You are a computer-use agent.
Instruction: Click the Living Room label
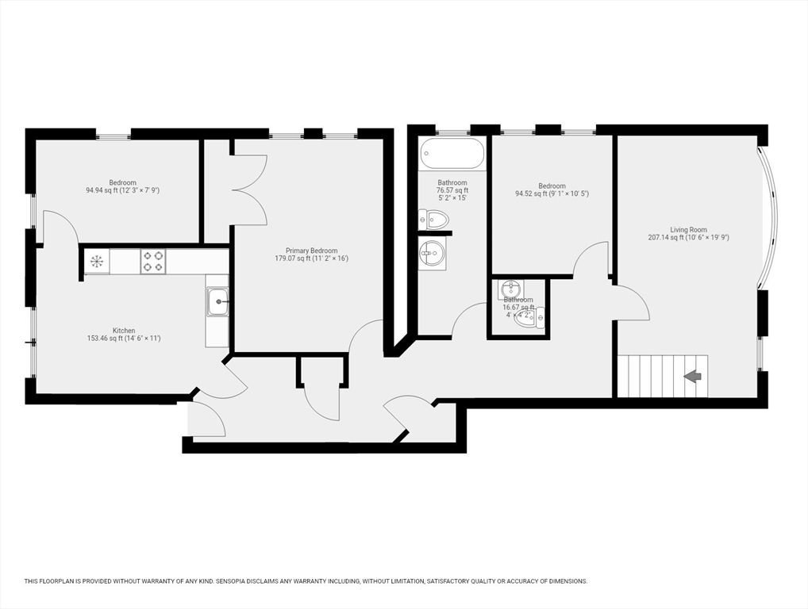[x=688, y=230]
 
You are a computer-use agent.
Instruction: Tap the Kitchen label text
[x=124, y=331]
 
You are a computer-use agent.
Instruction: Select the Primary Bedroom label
[x=312, y=251]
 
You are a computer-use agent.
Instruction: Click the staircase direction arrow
[x=693, y=377]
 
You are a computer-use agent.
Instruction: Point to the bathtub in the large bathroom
[x=452, y=153]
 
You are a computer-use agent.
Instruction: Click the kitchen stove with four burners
[x=153, y=261]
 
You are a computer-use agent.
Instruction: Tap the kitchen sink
[x=217, y=301]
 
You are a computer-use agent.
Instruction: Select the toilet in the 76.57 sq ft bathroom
[x=433, y=220]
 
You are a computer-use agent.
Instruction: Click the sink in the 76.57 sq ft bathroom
[x=432, y=253]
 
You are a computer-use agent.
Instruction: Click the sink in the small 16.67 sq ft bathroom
[x=510, y=289]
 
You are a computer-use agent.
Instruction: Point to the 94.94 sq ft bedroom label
[x=123, y=186]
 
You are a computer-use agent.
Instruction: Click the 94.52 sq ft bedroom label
[x=552, y=190]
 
